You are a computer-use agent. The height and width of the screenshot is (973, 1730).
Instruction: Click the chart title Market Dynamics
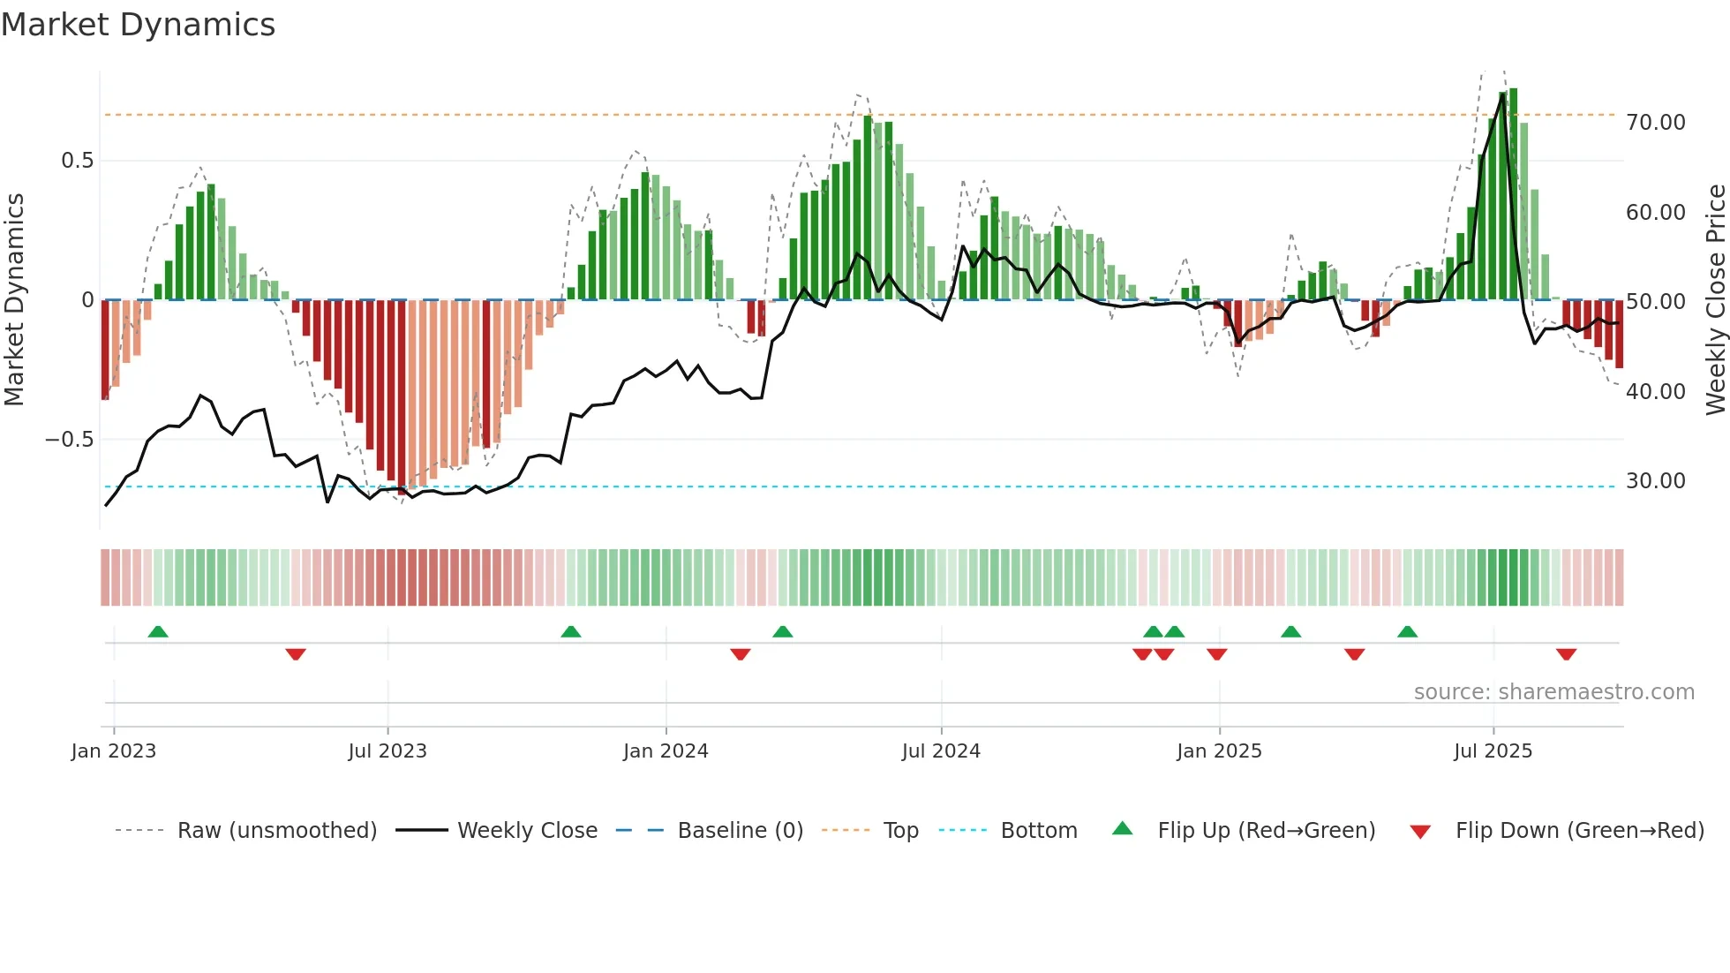[x=139, y=25]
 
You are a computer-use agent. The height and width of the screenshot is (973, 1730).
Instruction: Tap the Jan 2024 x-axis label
[x=666, y=751]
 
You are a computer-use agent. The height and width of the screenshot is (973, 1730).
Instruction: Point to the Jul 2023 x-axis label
[x=387, y=751]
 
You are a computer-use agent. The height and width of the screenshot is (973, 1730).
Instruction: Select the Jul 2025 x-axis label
[x=1493, y=751]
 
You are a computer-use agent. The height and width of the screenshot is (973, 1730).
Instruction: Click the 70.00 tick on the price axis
[x=1656, y=123]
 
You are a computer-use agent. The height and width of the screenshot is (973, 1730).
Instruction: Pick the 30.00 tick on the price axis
[x=1656, y=481]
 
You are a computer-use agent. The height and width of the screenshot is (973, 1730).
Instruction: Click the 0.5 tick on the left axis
[x=78, y=161]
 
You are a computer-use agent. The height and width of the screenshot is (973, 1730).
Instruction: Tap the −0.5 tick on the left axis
[x=70, y=440]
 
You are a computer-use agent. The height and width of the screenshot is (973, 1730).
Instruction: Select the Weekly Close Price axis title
[x=1716, y=300]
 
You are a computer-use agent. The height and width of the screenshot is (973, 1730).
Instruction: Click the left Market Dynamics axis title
[x=14, y=300]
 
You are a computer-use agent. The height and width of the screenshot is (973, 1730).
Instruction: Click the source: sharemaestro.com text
[x=1553, y=692]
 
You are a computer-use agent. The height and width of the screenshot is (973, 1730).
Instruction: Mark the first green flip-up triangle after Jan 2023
[x=158, y=632]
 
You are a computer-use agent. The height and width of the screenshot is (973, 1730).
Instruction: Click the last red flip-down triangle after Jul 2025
[x=1567, y=654]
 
